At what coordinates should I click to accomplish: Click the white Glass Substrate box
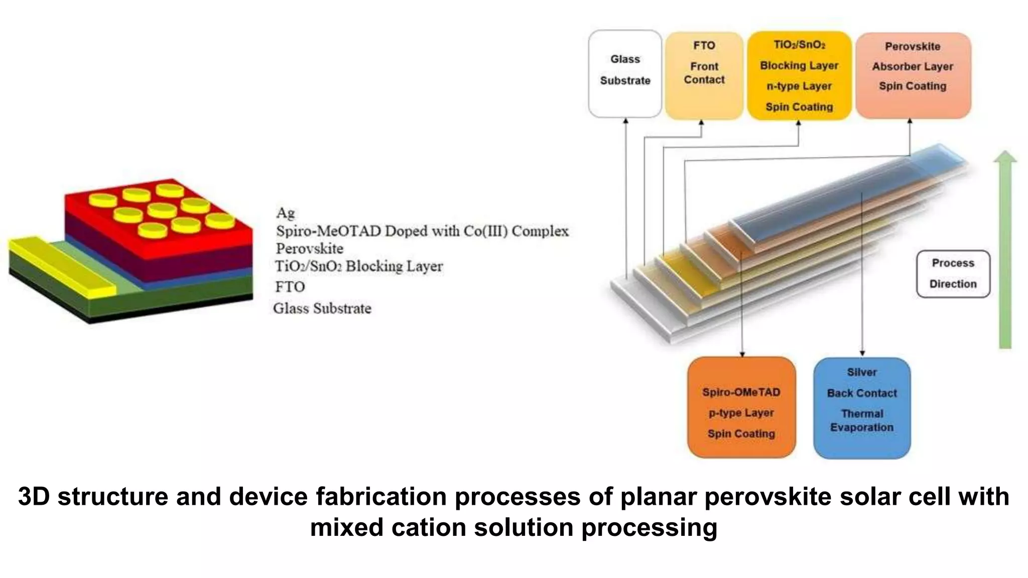[625, 74]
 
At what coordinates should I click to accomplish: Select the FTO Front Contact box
[704, 75]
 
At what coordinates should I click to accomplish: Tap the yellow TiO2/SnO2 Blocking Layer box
[799, 75]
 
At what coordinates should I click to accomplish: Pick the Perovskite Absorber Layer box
[913, 75]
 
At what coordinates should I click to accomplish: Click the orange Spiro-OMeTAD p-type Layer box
[741, 407]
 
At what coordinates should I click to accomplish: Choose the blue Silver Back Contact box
[862, 407]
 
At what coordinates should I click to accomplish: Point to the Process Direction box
[953, 273]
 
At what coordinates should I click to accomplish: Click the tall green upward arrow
[1005, 251]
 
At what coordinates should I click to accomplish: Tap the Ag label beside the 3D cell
[285, 213]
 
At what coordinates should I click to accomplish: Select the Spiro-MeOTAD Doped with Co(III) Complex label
[422, 231]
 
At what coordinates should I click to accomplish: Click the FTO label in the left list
[290, 286]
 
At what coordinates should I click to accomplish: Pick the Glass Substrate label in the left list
[322, 308]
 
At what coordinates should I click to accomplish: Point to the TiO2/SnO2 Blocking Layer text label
[358, 266]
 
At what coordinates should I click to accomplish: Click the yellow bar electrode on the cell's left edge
[60, 266]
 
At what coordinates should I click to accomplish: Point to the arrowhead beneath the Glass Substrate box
[625, 121]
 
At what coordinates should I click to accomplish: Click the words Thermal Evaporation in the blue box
[862, 420]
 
